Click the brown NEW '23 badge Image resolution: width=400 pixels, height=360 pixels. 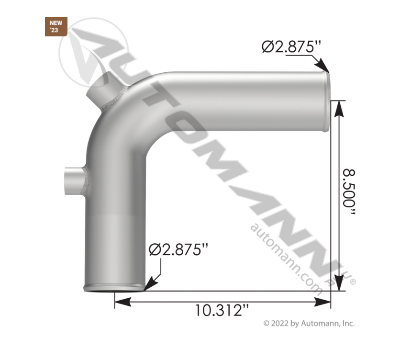[56, 27]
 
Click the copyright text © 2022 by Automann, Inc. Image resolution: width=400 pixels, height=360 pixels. [309, 324]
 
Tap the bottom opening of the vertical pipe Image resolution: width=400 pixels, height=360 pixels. [114, 289]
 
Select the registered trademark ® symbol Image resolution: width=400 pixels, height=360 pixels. [353, 282]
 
